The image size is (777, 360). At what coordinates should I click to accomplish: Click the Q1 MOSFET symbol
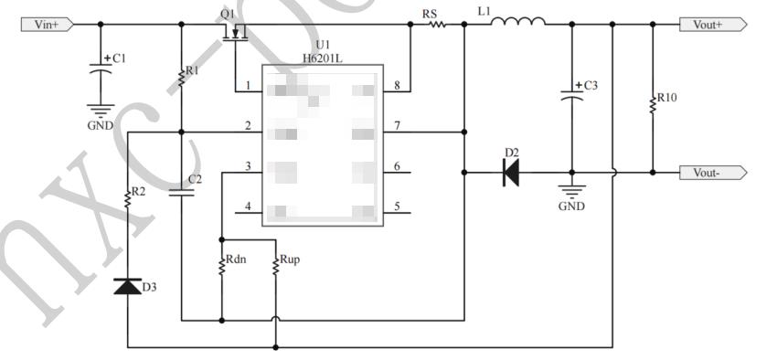pyautogui.click(x=236, y=35)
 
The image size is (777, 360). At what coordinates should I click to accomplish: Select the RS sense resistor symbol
pyautogui.click(x=436, y=25)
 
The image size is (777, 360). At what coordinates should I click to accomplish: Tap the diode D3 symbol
pyautogui.click(x=127, y=286)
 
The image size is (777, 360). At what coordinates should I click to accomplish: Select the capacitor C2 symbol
pyautogui.click(x=182, y=192)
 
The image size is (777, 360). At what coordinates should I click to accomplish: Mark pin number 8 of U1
pyautogui.click(x=396, y=87)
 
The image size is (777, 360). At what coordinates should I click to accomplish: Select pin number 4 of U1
pyautogui.click(x=248, y=206)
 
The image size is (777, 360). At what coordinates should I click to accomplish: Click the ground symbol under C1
pyautogui.click(x=100, y=111)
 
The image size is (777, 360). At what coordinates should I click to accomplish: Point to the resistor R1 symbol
pyautogui.click(x=182, y=78)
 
